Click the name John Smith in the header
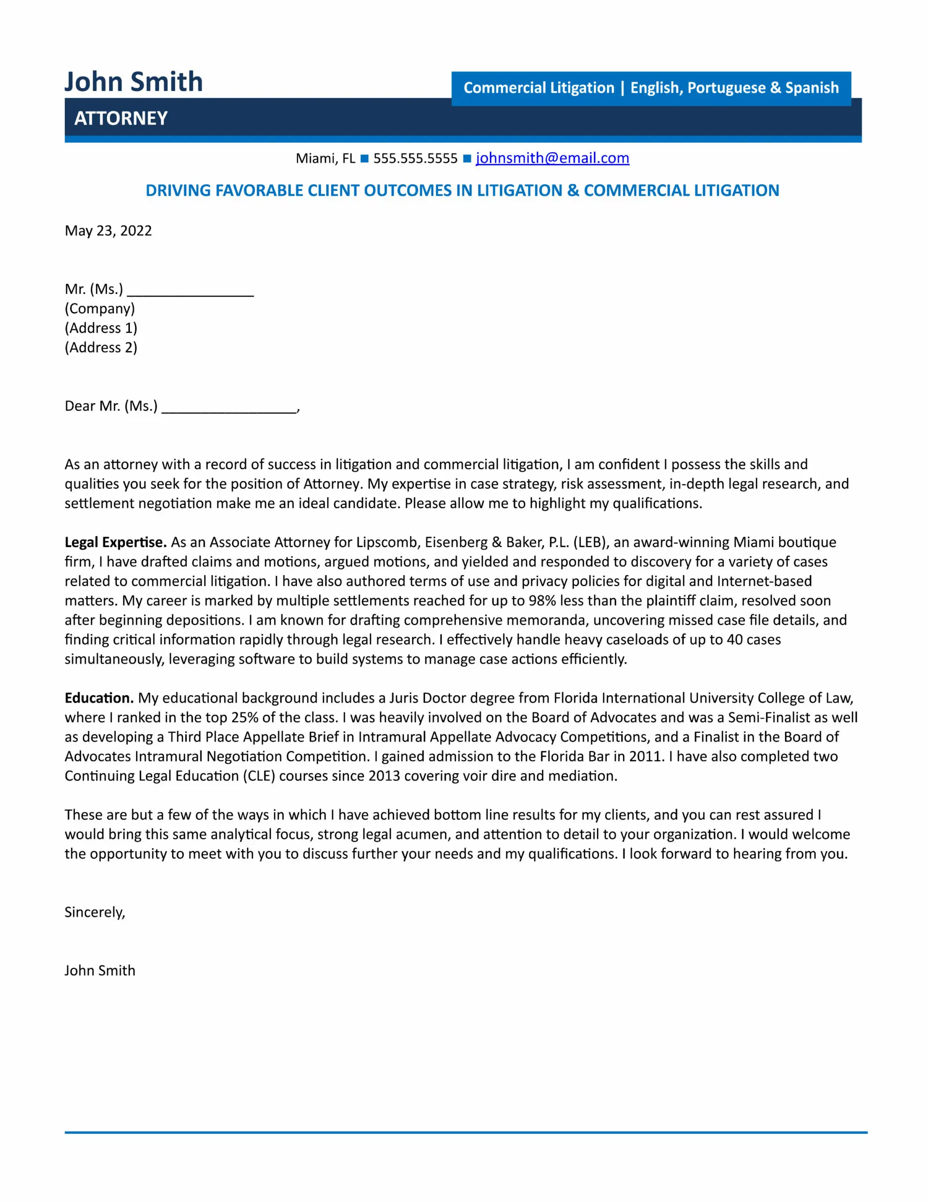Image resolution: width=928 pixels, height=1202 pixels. click(x=134, y=82)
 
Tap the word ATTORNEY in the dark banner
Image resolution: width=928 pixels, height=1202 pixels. click(x=121, y=118)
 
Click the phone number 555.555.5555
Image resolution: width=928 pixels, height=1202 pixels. click(x=415, y=159)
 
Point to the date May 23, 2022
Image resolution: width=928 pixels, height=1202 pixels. click(x=108, y=231)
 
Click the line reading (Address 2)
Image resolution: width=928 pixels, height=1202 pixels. click(x=101, y=347)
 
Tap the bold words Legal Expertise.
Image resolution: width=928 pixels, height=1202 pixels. click(x=115, y=542)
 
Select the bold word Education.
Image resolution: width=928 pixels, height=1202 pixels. click(x=99, y=698)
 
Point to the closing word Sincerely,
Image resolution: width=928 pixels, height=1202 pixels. click(x=95, y=912)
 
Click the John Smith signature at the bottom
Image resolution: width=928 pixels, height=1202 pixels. click(x=99, y=971)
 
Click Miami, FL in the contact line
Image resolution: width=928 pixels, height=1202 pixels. click(x=325, y=159)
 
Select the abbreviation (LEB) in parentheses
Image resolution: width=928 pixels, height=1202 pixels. click(x=591, y=542)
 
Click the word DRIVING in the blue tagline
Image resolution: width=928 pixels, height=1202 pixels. click(x=178, y=191)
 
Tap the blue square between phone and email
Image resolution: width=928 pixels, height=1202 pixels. click(x=467, y=159)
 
